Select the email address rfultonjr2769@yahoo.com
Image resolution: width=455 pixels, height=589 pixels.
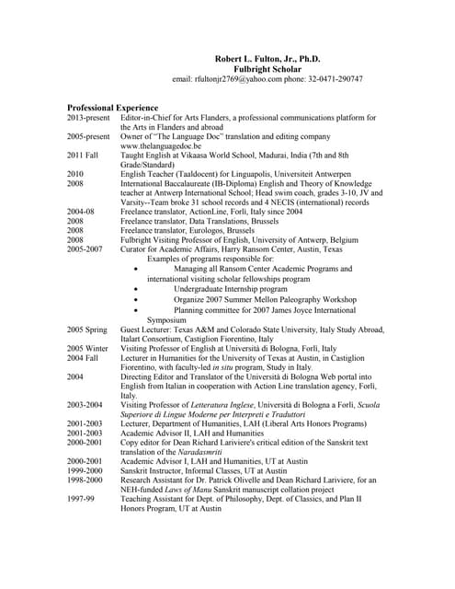pyautogui.click(x=251, y=79)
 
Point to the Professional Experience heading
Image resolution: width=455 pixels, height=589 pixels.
pyautogui.click(x=112, y=108)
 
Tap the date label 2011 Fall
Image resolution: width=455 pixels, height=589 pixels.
pyautogui.click(x=84, y=156)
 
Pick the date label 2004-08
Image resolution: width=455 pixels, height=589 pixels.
pyautogui.click(x=81, y=212)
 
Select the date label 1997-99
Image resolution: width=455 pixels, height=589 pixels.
pyautogui.click(x=80, y=500)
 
